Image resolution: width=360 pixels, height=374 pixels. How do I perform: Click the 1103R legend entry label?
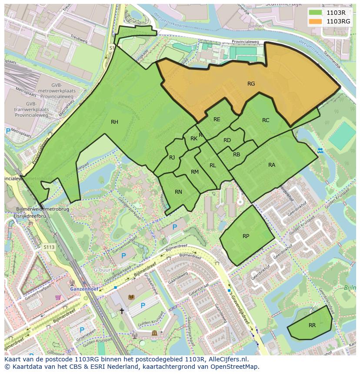pos(336,13)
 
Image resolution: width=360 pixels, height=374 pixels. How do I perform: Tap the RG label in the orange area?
pos(251,84)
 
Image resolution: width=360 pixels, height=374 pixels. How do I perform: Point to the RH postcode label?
pos(114,122)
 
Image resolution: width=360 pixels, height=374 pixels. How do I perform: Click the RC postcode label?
pos(266,120)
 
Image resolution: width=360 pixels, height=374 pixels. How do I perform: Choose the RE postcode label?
pos(217,119)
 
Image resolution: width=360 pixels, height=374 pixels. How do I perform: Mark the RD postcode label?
pos(227,140)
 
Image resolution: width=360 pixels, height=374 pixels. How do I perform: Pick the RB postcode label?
pos(237,155)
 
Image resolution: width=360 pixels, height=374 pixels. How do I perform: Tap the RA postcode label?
pos(272,165)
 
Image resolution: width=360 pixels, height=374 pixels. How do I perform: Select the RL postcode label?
pos(213,165)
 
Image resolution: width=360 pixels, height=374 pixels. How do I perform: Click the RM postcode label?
pos(194,172)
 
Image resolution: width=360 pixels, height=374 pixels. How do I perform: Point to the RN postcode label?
pos(178,192)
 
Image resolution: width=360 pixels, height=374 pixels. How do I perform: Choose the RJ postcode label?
pos(172,158)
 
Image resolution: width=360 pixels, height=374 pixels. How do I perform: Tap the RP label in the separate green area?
pos(246,236)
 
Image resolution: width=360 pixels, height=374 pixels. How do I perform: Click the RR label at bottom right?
pos(312,325)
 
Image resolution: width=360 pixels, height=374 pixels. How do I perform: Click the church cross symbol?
pos(122,311)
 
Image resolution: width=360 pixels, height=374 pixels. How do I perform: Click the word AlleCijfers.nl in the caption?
pos(226,359)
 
